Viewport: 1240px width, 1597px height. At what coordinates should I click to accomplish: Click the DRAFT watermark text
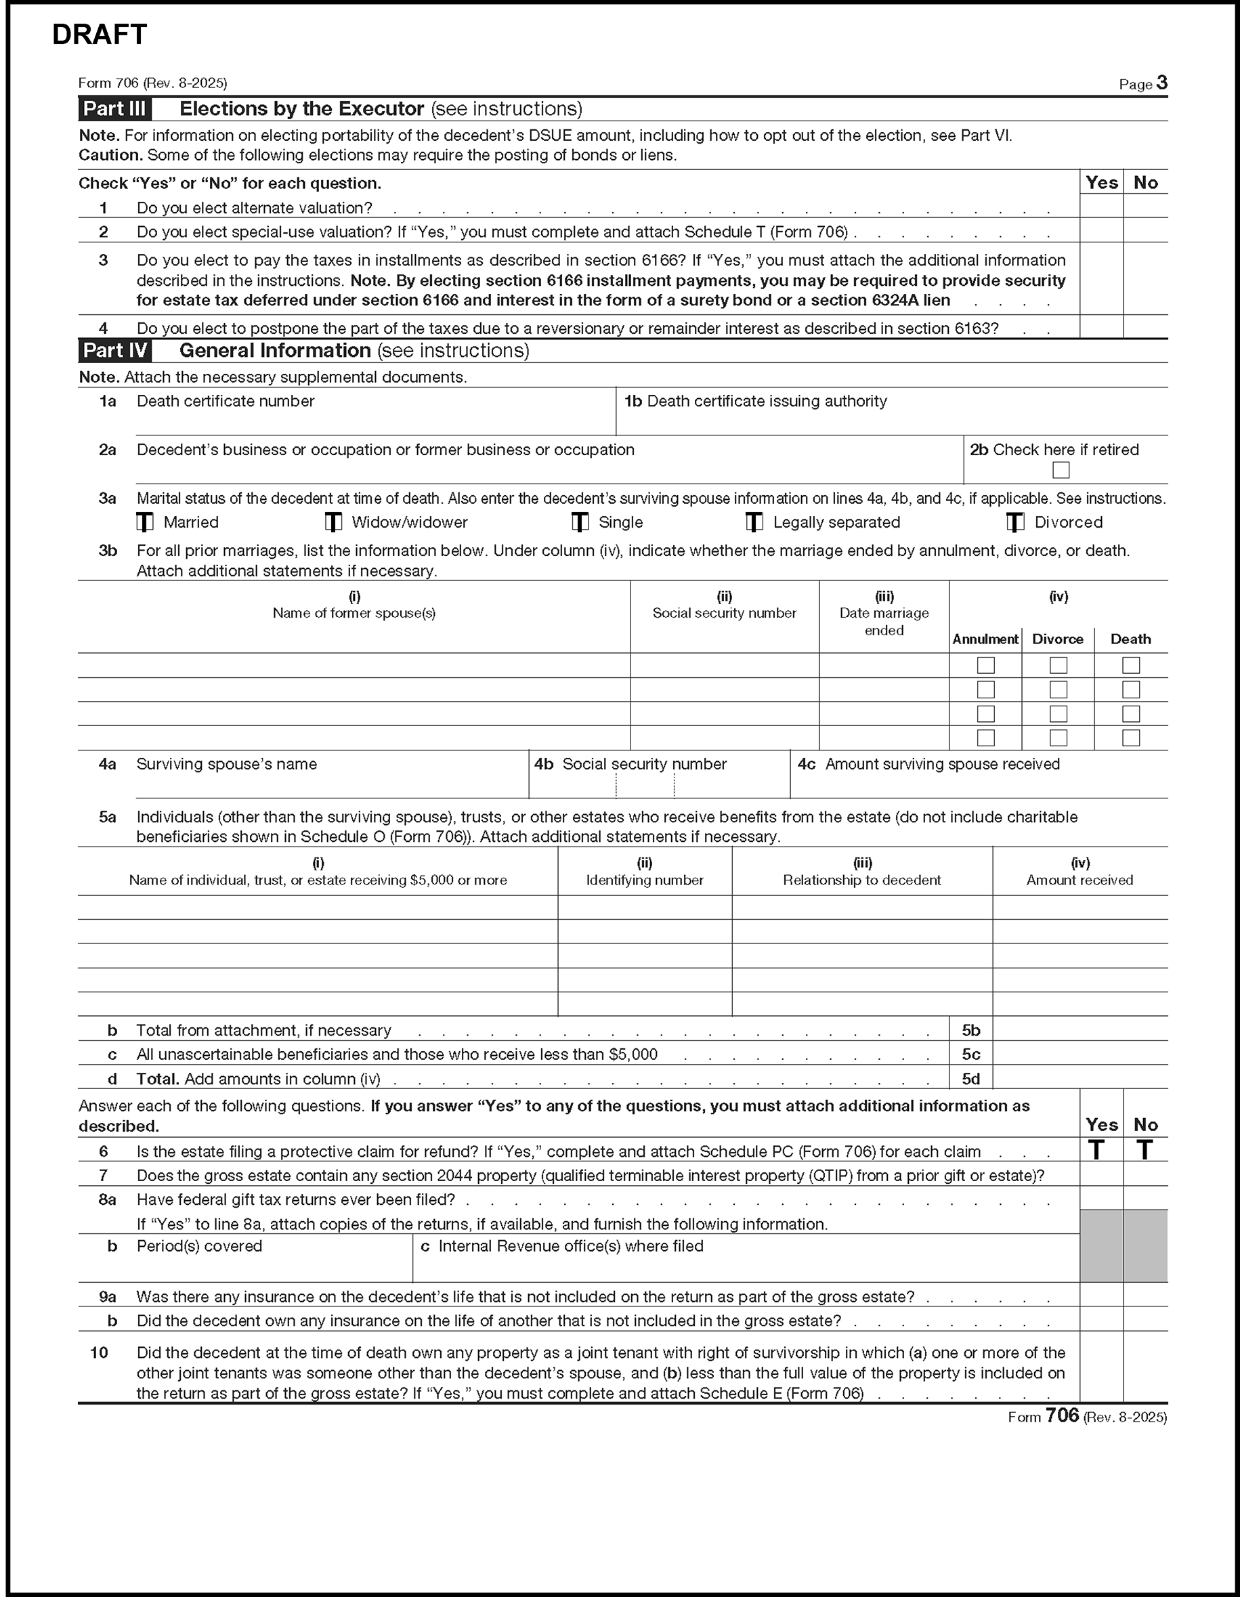pos(100,35)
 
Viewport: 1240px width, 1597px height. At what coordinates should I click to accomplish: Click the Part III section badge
pos(114,109)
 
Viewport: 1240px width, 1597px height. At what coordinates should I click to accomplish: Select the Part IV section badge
pos(114,350)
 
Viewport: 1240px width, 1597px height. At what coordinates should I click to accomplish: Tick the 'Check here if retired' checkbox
pos(1060,470)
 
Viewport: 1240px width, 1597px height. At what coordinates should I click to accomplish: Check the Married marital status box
pos(145,522)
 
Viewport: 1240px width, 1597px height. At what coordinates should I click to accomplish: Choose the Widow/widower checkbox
pos(333,522)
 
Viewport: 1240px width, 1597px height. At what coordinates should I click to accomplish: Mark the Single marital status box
pos(580,522)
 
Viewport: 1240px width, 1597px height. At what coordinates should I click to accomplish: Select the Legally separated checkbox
pos(754,522)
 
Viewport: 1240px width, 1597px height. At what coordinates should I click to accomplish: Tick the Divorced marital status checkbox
pos(1014,522)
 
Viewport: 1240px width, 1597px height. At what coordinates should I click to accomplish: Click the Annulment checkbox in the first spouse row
pos(985,664)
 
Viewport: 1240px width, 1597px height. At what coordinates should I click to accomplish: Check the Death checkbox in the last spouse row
pos(1130,738)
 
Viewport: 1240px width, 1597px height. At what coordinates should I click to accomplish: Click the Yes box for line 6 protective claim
pos(1096,1150)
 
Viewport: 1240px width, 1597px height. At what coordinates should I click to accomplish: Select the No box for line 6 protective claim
pos(1145,1150)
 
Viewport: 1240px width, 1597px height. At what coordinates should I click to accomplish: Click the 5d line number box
pos(970,1079)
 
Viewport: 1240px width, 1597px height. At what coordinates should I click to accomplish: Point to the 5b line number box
pos(970,1030)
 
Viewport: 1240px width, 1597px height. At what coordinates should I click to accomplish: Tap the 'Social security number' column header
pos(724,613)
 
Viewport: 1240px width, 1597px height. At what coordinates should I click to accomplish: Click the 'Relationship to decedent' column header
pos(861,880)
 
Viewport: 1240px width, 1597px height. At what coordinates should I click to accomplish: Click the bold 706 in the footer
pos(1062,1415)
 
